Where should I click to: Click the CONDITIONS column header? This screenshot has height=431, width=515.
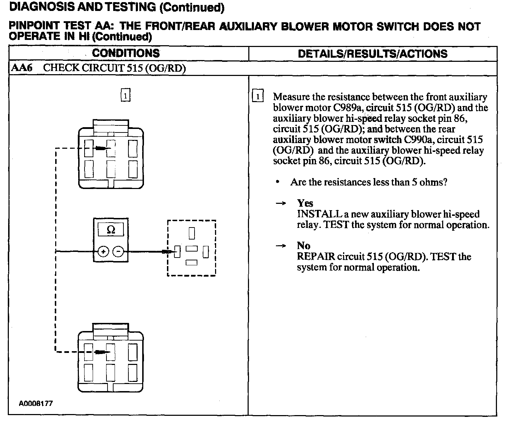[126, 53]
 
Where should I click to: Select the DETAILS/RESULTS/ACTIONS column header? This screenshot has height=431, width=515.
[372, 54]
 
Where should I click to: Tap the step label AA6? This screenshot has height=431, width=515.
[22, 68]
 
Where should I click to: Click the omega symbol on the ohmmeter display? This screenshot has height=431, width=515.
[111, 230]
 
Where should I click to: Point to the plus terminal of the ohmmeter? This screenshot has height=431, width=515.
[103, 252]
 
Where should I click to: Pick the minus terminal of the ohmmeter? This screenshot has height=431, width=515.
[118, 252]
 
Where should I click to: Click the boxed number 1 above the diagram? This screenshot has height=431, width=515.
[126, 95]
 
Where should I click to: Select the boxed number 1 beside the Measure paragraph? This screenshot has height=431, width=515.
[258, 97]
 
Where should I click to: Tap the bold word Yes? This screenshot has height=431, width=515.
[305, 203]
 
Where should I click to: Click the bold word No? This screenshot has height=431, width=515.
[303, 246]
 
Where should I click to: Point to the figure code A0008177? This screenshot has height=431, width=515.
[36, 403]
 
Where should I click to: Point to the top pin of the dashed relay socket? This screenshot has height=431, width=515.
[192, 233]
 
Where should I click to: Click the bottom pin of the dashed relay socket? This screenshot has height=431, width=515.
[191, 262]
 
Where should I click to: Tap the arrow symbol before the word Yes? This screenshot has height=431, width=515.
[281, 203]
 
